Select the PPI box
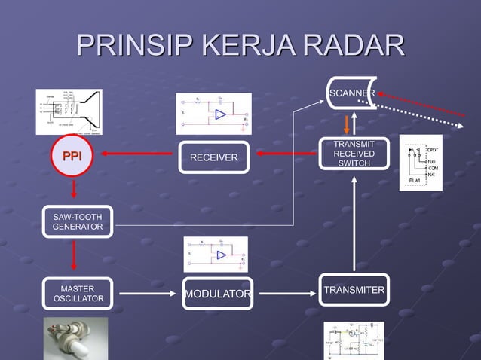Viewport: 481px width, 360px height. pos(72,157)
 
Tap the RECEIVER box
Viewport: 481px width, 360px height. pos(213,157)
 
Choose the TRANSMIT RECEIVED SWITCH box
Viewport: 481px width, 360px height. pos(354,154)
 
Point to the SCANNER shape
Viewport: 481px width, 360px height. pos(352,93)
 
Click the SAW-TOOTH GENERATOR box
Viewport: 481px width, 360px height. pos(78,221)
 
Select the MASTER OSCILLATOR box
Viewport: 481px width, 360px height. pos(78,295)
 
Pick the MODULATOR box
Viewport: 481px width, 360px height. pos(217,294)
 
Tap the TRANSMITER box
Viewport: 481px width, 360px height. pos(354,291)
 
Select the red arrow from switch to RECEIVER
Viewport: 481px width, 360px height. pos(286,154)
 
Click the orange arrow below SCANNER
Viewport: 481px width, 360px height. pos(348,124)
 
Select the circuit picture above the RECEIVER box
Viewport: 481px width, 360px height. pos(214,114)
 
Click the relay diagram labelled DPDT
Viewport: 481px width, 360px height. pos(421,163)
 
